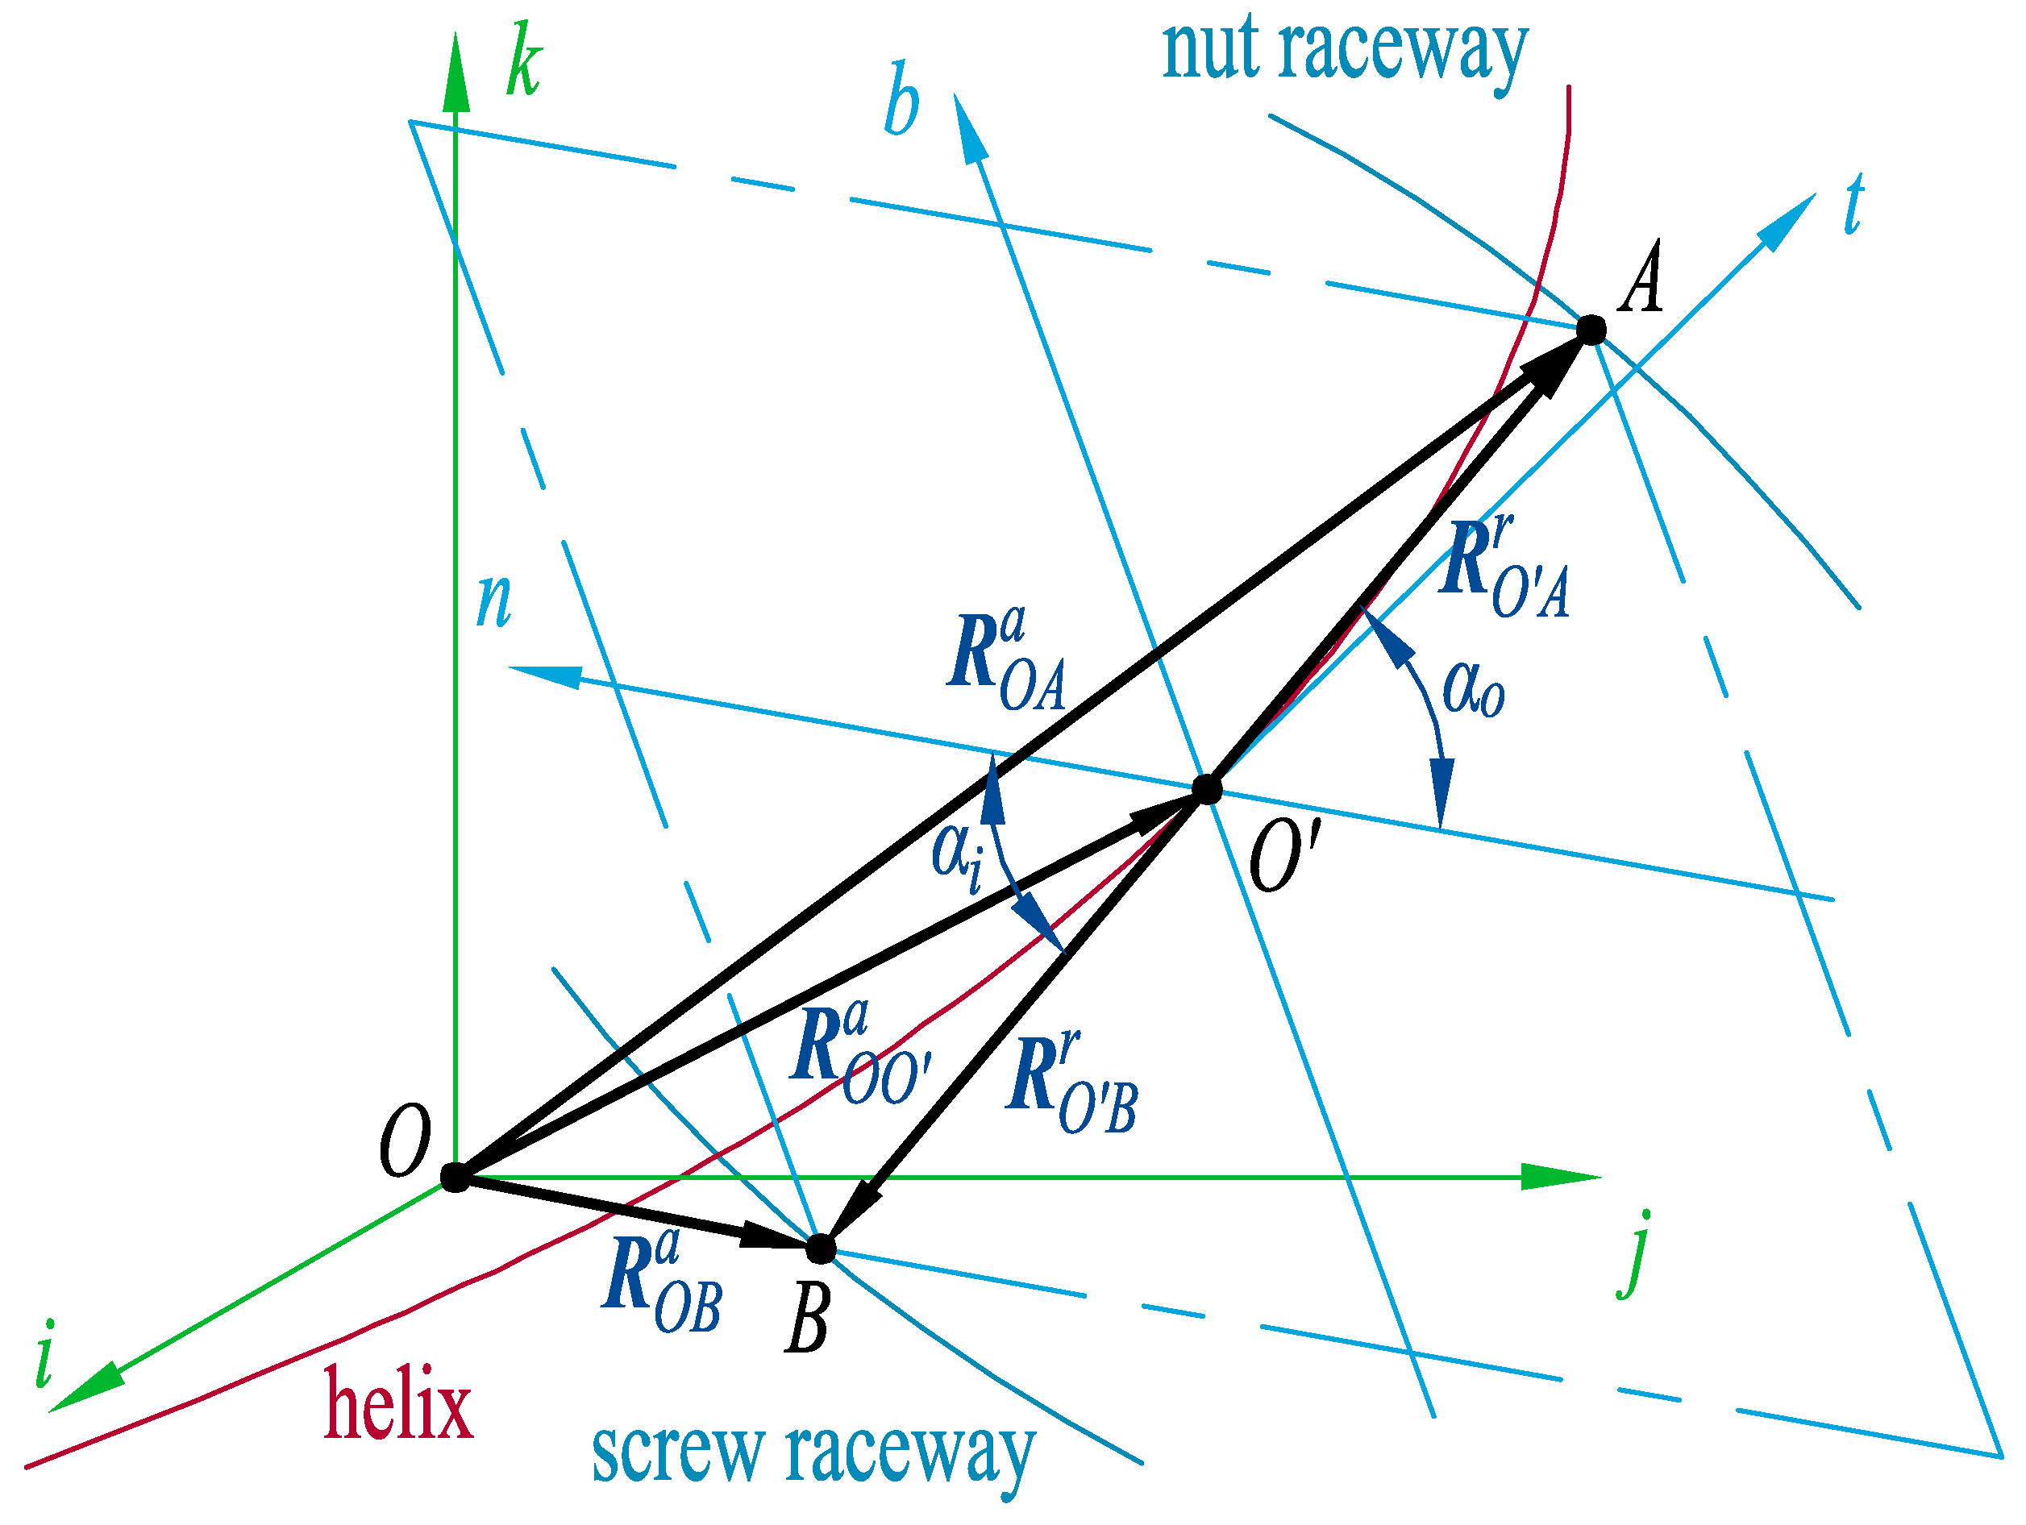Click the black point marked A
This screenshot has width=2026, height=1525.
coord(1591,330)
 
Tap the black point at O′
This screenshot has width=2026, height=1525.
coord(1207,788)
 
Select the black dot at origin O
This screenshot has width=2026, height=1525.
coord(454,1177)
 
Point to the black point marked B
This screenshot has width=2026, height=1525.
coord(821,1248)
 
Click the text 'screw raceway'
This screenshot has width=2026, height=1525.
coord(813,1455)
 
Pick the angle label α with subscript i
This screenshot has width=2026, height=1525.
coord(957,855)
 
